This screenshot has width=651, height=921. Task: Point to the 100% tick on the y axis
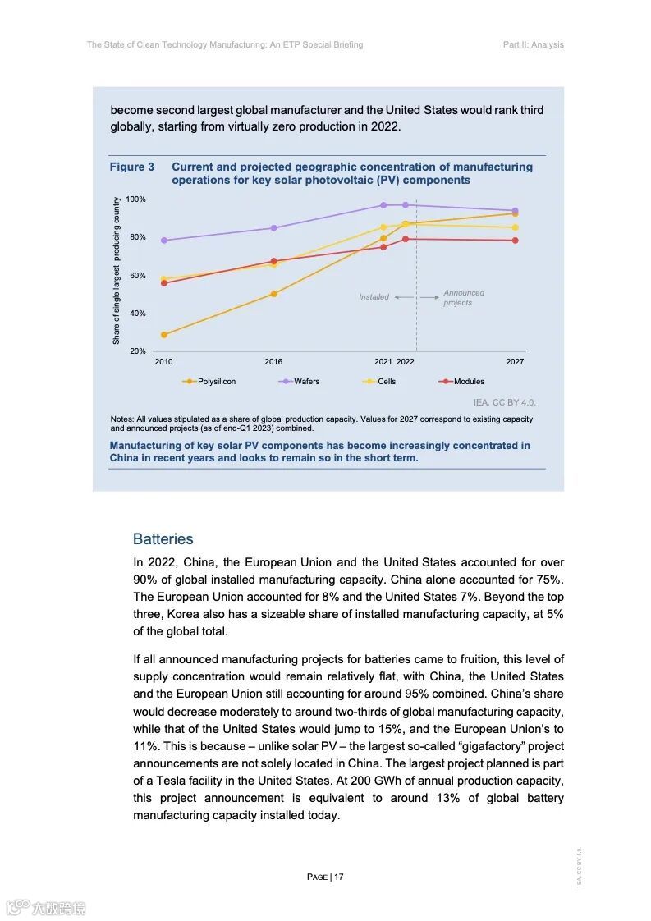[135, 199]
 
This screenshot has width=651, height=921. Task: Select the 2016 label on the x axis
[273, 362]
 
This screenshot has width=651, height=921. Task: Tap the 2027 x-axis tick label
[515, 362]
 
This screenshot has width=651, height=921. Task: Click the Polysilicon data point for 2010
[164, 335]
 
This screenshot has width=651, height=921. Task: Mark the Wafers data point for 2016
[273, 228]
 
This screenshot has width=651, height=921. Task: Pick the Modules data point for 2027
[515, 241]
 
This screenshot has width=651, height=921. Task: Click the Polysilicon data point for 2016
[273, 294]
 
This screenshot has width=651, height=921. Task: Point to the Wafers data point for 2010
[164, 241]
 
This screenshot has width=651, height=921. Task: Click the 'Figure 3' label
[132, 167]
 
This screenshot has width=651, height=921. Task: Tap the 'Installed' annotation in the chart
[374, 297]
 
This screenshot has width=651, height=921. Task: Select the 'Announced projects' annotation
[464, 298]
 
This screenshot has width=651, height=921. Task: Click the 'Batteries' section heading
[163, 539]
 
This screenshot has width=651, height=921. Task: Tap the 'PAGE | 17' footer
[325, 877]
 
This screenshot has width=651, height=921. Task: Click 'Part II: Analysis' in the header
[533, 44]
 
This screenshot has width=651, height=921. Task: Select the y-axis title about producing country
[117, 271]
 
